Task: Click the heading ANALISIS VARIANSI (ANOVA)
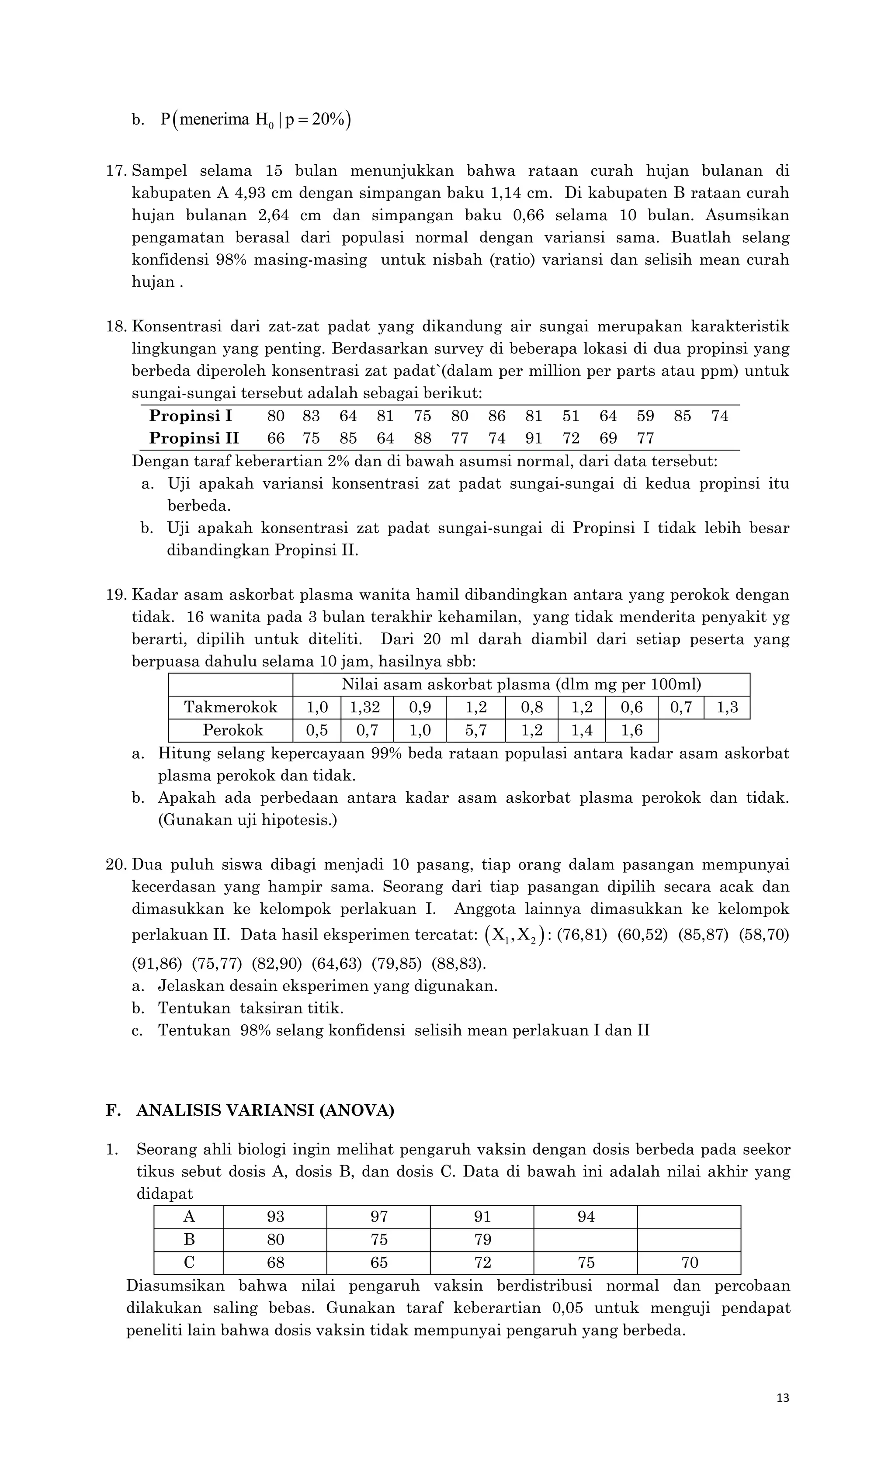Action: click(265, 1110)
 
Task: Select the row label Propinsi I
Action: click(190, 416)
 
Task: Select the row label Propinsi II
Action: click(194, 438)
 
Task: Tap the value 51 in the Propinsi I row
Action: click(571, 416)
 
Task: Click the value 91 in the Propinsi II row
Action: click(534, 438)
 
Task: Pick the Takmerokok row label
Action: click(230, 707)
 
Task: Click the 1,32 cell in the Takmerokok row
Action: click(365, 707)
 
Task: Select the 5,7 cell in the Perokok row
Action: click(475, 730)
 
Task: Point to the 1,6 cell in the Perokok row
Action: click(631, 730)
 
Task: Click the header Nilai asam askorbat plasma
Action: click(520, 684)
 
